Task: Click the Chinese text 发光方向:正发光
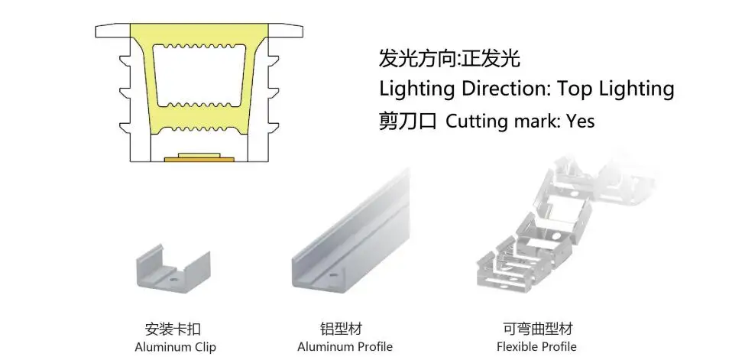point(449,59)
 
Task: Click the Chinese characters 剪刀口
point(407,121)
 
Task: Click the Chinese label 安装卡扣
point(173,329)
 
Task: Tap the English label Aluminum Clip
point(175,347)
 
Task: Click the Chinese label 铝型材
point(345,329)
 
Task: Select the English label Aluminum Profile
point(345,347)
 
